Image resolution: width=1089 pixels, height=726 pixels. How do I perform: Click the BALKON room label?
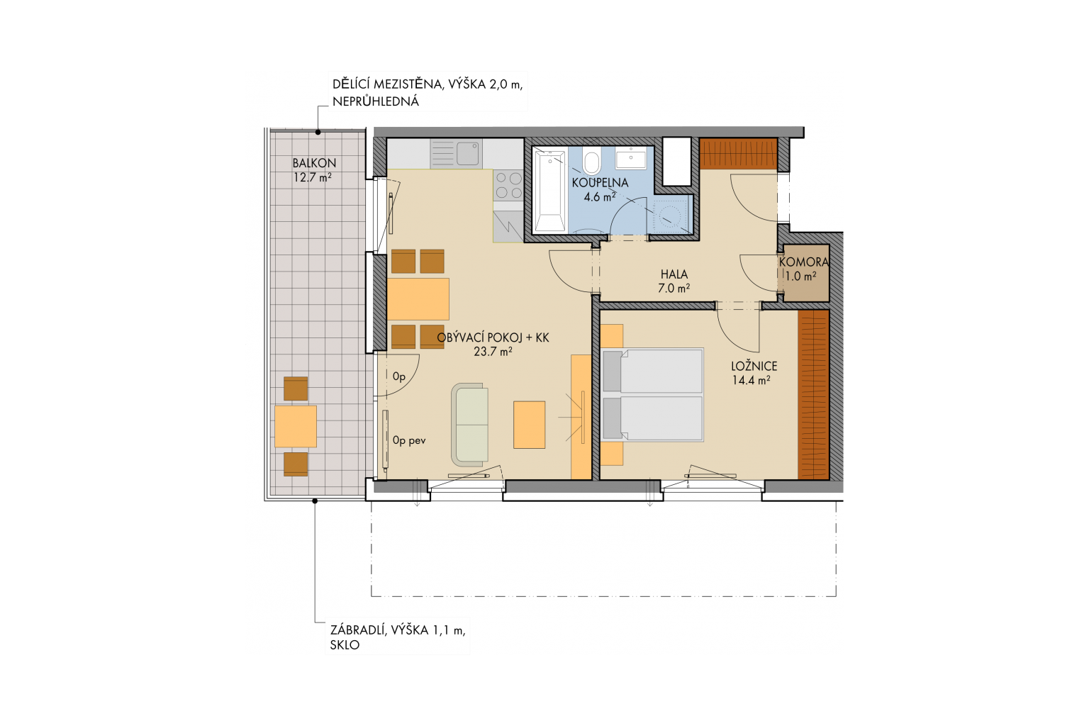tap(314, 163)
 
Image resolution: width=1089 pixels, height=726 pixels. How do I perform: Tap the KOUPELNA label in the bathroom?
tap(600, 183)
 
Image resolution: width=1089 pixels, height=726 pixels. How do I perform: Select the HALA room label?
tap(674, 274)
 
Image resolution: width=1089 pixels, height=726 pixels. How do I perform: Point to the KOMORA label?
tap(803, 262)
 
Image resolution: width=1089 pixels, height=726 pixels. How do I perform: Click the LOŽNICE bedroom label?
tap(754, 366)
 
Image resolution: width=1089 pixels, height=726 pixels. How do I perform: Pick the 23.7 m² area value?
tap(493, 352)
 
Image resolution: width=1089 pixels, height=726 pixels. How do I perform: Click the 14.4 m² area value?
tap(751, 380)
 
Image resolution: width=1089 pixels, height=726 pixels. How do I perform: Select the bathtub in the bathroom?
tap(550, 190)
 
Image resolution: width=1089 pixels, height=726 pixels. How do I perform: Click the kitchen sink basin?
tap(468, 153)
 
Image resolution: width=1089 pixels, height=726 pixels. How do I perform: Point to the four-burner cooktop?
tap(508, 185)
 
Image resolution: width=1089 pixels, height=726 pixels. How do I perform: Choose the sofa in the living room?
tap(470, 425)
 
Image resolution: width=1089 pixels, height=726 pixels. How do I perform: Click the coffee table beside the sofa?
tap(530, 425)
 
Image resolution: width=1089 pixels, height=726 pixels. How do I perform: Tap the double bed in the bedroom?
tap(652, 395)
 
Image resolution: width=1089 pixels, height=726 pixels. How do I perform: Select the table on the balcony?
tap(296, 427)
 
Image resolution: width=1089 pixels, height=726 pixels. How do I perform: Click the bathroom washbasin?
tap(631, 159)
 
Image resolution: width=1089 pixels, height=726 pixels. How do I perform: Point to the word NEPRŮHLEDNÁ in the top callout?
tap(376, 101)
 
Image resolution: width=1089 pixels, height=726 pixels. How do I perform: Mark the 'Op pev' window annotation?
tap(409, 441)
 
